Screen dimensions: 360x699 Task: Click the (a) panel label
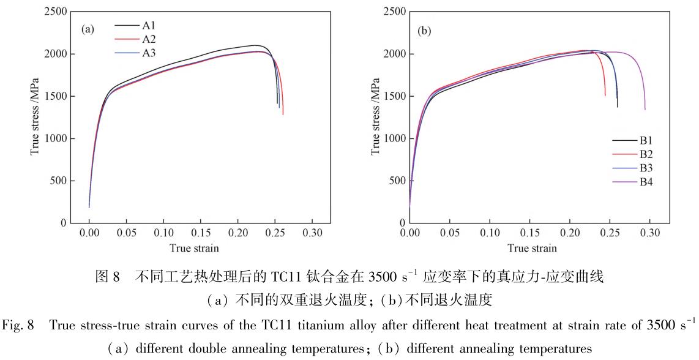[x=88, y=29]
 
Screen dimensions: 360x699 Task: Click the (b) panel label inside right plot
[x=424, y=31]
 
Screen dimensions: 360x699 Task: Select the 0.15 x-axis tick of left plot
[x=200, y=233]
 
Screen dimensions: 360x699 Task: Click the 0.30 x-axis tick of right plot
[x=650, y=233]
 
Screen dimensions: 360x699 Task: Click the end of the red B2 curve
[x=605, y=96]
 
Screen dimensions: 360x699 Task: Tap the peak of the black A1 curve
[x=253, y=45]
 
